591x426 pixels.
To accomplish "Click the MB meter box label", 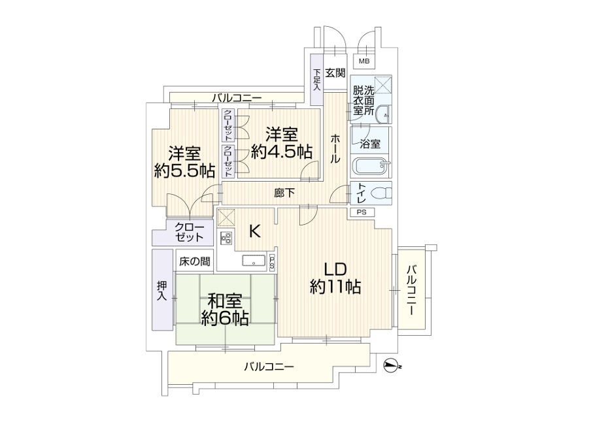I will point(363,61).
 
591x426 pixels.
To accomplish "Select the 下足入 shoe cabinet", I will point(316,80).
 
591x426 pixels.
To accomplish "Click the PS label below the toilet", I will point(362,212).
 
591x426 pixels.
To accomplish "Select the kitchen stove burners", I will point(226,238).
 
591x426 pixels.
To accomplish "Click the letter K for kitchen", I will point(255,231).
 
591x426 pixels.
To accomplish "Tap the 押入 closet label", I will point(161,291).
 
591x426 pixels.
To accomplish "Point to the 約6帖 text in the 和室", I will point(224,318).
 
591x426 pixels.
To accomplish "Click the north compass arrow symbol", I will point(391,366).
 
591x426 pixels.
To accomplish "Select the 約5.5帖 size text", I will point(185,171).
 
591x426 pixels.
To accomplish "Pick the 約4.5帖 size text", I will point(282,152).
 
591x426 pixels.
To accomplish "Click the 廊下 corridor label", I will point(284,193).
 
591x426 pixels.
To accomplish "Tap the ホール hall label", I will point(335,148).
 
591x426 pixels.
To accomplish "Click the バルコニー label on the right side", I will point(412,290).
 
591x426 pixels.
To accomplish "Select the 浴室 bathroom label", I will point(371,142).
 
